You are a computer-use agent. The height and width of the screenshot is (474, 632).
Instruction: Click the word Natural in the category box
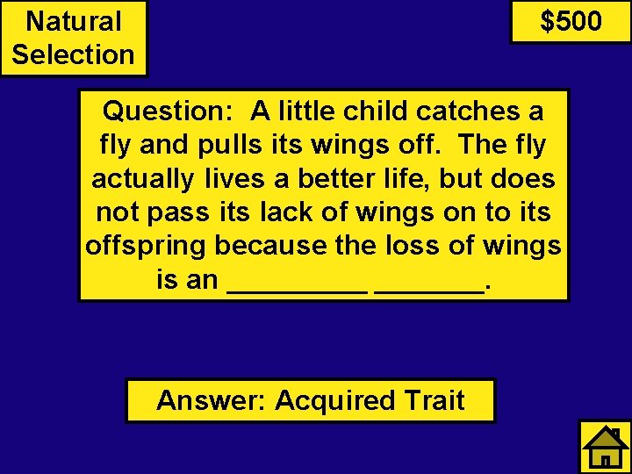[74, 21]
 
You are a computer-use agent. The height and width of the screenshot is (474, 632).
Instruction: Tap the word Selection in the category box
[74, 54]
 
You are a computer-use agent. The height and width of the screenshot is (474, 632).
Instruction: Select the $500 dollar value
[571, 21]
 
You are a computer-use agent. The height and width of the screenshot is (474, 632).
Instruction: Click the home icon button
[605, 447]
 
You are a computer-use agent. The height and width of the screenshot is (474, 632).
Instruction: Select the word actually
[143, 179]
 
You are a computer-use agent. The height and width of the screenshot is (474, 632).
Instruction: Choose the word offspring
[146, 246]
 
